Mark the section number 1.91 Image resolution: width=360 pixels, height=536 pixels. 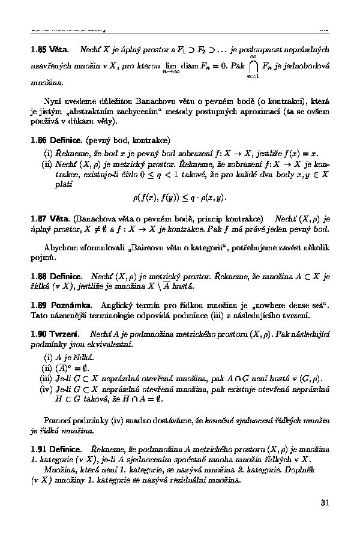(40, 448)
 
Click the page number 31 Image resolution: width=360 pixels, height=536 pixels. (325, 502)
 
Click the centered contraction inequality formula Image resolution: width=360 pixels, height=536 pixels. (180, 196)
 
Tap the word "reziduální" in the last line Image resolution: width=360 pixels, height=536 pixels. (184, 480)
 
